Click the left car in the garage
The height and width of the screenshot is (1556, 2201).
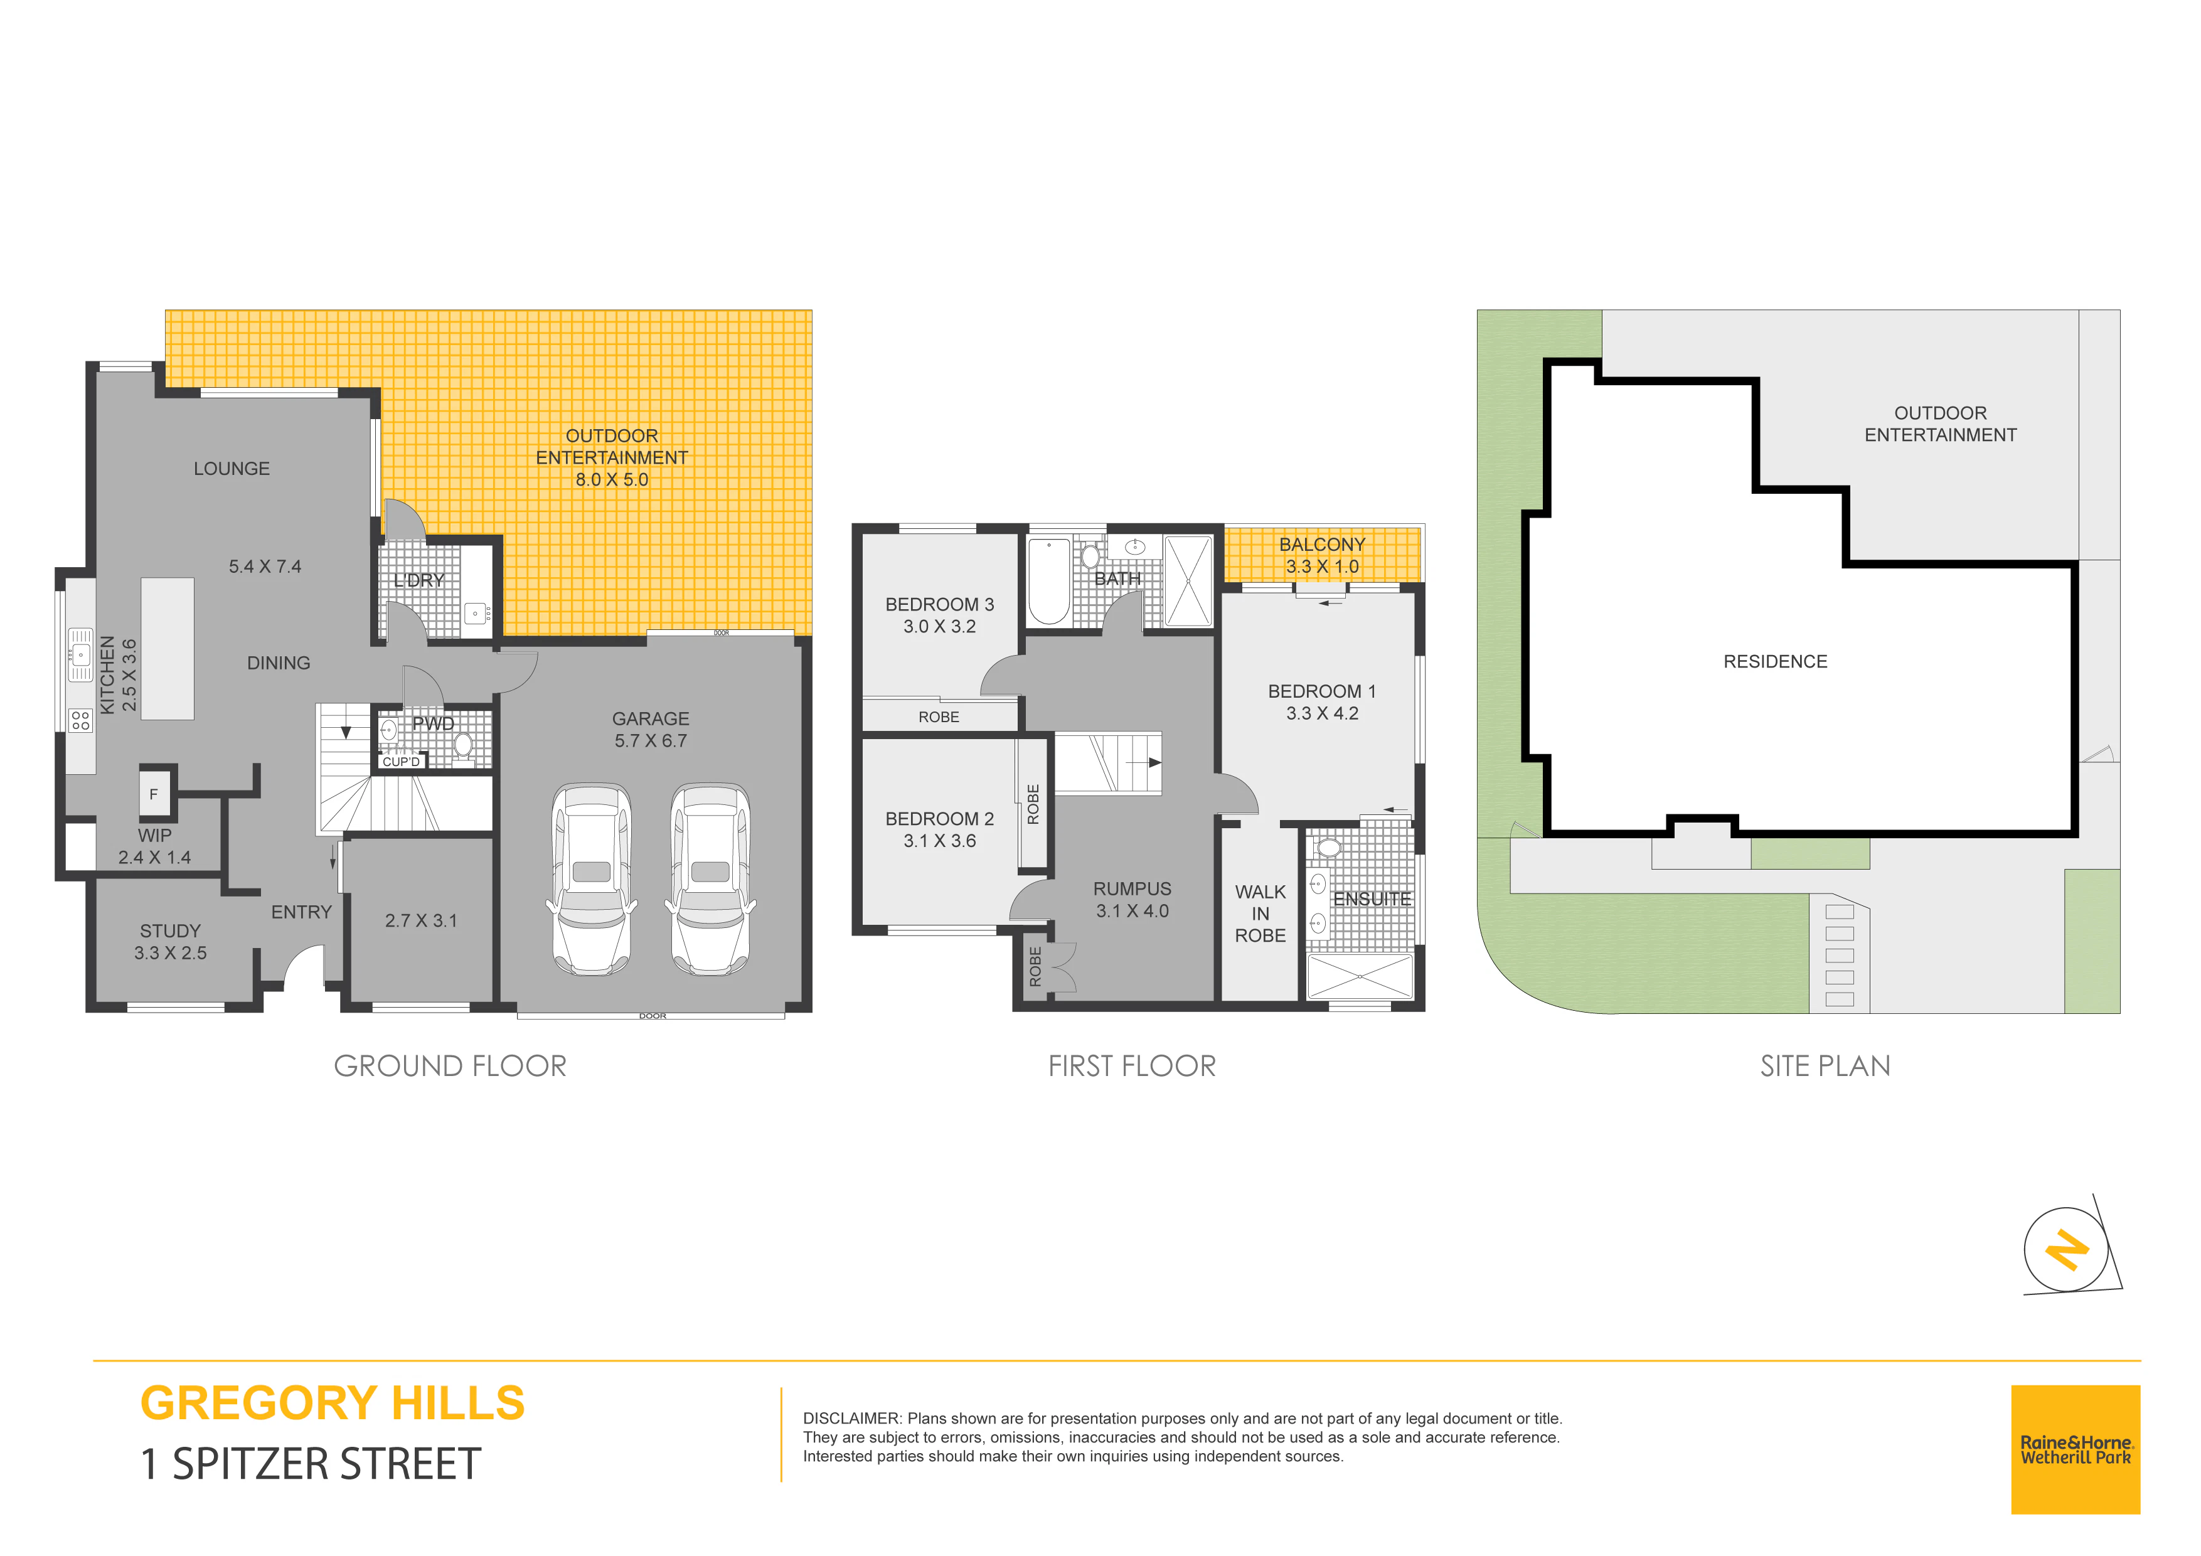pyautogui.click(x=592, y=879)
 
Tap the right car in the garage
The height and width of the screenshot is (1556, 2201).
pyautogui.click(x=710, y=879)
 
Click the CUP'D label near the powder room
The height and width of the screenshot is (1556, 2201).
pyautogui.click(x=401, y=762)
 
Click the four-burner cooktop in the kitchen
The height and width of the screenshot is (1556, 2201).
pyautogui.click(x=80, y=720)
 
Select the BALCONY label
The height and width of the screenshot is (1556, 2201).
pyautogui.click(x=1322, y=545)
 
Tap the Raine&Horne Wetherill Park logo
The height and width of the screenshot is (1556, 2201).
pyautogui.click(x=2076, y=1449)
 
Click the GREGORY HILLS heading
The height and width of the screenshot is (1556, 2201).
pyautogui.click(x=333, y=1403)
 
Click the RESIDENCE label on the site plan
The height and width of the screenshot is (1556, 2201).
pyautogui.click(x=1776, y=661)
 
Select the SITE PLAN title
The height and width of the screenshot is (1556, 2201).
pyautogui.click(x=1825, y=1066)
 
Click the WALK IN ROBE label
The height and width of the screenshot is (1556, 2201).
pyautogui.click(x=1260, y=914)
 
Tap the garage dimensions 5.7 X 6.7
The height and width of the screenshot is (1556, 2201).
pyautogui.click(x=651, y=741)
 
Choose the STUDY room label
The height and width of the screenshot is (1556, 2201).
pyautogui.click(x=171, y=931)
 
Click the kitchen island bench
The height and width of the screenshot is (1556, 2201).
pyautogui.click(x=168, y=648)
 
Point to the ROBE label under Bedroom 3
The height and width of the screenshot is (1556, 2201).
pyautogui.click(x=939, y=717)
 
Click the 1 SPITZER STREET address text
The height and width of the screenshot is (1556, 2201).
pyautogui.click(x=311, y=1464)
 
